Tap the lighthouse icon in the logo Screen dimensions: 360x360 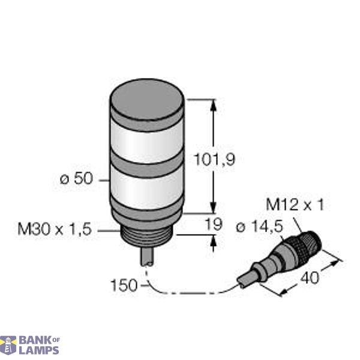pos(8,345)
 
